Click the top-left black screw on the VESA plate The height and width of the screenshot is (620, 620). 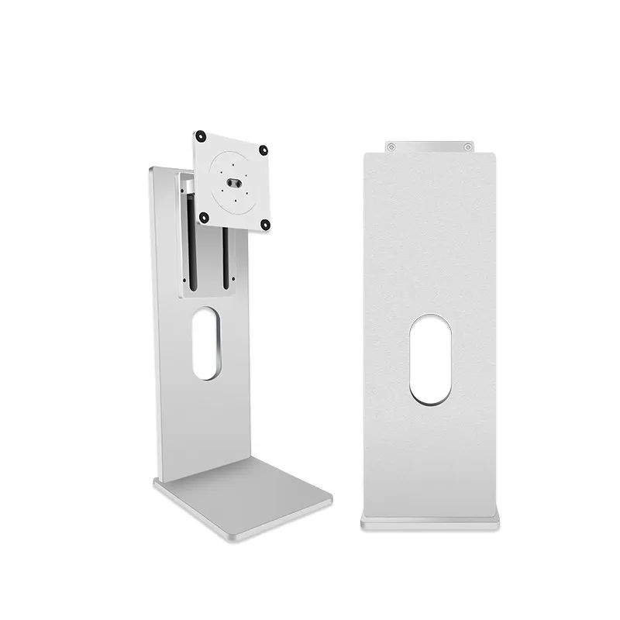click(200, 134)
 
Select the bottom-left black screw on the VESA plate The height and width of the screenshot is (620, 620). click(204, 216)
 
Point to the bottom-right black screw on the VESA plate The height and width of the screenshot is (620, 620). click(264, 225)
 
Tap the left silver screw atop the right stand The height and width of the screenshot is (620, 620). click(391, 146)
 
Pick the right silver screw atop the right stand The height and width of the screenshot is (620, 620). click(468, 146)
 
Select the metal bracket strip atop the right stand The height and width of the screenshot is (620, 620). click(429, 146)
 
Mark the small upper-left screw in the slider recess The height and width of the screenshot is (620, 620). click(184, 182)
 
